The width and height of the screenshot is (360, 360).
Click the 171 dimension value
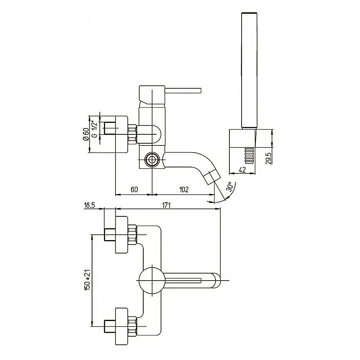click(x=167, y=205)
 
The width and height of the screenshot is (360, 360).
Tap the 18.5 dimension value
click(x=89, y=205)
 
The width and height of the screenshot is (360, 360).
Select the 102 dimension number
click(x=184, y=189)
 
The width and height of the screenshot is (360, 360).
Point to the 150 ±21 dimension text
click(x=87, y=280)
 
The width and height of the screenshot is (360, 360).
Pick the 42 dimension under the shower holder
click(x=242, y=170)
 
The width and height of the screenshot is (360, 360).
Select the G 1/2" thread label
click(x=95, y=129)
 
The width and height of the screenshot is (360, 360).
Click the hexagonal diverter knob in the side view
click(x=152, y=160)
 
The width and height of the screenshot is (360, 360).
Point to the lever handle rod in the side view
click(x=183, y=91)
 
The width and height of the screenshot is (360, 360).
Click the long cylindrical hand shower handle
click(x=249, y=70)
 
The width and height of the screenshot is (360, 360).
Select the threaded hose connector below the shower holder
click(x=249, y=156)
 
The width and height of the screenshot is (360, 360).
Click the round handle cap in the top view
click(x=152, y=280)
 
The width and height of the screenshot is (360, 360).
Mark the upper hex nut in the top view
click(x=132, y=235)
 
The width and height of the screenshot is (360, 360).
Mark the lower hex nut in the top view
click(x=132, y=326)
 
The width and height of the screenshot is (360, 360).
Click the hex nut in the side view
click(x=132, y=134)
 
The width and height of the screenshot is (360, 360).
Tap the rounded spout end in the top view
click(x=216, y=280)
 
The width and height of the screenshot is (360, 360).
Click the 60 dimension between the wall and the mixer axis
click(x=134, y=189)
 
